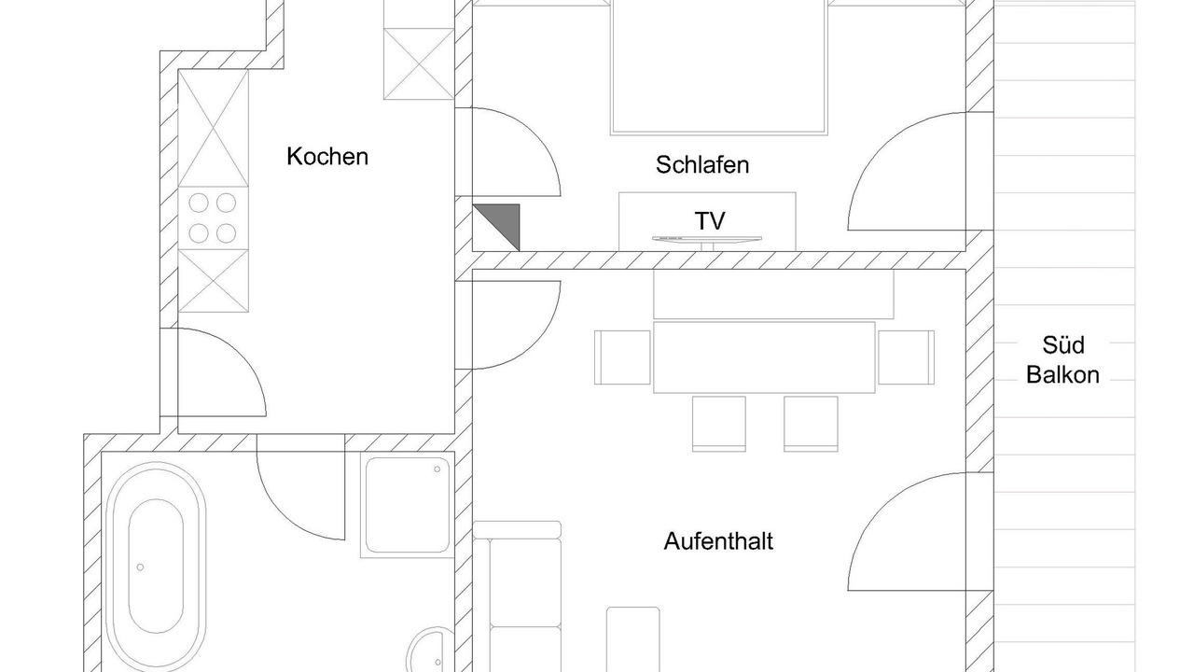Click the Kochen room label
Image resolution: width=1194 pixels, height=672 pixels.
pos(327,156)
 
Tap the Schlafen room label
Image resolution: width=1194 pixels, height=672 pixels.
pos(702,165)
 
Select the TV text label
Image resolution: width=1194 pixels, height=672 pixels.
pos(710,220)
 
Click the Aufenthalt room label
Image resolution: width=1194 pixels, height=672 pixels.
pos(718,540)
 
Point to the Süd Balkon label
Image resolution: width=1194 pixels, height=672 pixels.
pos(1062,360)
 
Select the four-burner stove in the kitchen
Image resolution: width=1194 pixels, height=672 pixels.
pos(213,217)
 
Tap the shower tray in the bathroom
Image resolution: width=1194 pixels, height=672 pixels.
pos(408,506)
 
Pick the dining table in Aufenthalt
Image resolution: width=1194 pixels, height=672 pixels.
pos(764,357)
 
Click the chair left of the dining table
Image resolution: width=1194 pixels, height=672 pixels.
pos(623,357)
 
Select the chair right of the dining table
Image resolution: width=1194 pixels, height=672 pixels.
pos(906,357)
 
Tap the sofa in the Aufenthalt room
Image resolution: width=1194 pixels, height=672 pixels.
pos(518,597)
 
